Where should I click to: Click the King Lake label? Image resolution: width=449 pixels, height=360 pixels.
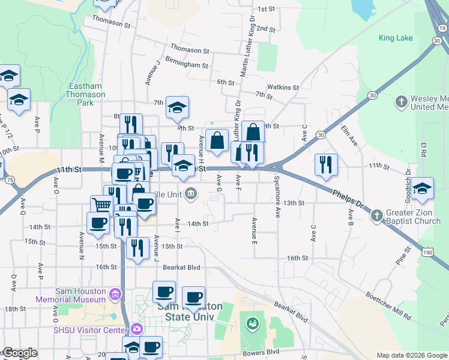396,38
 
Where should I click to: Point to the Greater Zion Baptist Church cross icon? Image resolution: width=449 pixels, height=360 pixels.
376,215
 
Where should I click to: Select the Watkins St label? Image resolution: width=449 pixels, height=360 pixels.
283,87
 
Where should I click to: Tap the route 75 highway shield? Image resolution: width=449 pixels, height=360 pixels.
10,180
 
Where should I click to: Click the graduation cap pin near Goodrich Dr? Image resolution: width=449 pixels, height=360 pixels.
422,188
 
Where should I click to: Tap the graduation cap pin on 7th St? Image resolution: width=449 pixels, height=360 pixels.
177,107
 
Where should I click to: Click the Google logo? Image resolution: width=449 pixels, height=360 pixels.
19,353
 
